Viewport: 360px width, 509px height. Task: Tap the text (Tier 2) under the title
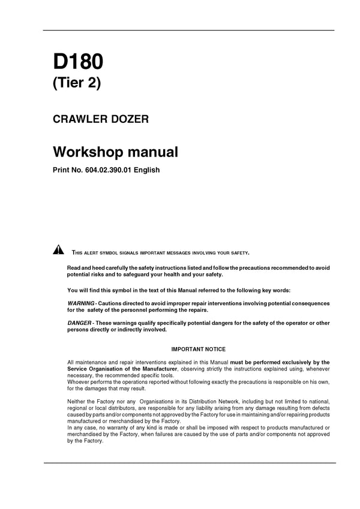pos(77,83)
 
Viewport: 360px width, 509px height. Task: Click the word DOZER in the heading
pos(130,119)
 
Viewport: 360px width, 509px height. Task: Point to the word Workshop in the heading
pos(86,152)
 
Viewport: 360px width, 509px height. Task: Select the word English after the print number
pos(146,170)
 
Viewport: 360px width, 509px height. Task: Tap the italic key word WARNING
pos(80,304)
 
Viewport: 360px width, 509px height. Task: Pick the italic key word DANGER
pos(79,323)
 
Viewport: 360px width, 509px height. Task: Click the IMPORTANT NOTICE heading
pos(199,349)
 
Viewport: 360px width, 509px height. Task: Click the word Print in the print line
pos(62,170)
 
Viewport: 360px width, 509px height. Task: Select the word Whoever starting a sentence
pos(80,382)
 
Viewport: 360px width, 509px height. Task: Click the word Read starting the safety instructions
pos(73,267)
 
